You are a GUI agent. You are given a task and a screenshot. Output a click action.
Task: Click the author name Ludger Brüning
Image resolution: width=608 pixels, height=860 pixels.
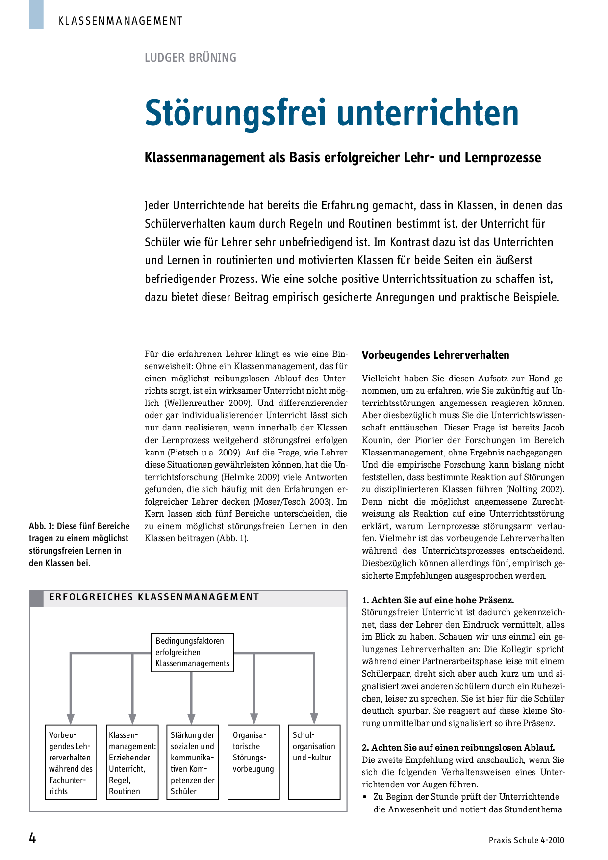(x=190, y=58)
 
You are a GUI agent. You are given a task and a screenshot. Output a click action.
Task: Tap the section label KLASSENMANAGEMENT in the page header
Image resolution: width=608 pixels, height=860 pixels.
(x=120, y=21)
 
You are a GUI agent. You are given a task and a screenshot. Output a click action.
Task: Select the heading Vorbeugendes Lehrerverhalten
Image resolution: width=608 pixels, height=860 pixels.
(x=435, y=355)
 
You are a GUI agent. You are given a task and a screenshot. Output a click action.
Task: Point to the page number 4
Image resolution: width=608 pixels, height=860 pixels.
(x=33, y=839)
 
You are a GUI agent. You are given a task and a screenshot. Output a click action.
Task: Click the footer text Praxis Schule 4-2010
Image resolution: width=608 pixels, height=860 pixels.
(x=526, y=840)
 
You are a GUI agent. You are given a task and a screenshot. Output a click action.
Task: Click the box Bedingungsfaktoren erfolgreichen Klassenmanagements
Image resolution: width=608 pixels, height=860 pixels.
(x=192, y=653)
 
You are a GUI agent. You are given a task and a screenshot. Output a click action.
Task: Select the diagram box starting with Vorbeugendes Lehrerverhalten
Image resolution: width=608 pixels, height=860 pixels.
(x=71, y=762)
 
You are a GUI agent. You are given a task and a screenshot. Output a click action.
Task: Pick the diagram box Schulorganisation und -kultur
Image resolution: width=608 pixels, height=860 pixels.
(x=314, y=762)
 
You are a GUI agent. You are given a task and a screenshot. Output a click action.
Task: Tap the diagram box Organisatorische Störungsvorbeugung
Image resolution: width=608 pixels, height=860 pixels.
(x=253, y=762)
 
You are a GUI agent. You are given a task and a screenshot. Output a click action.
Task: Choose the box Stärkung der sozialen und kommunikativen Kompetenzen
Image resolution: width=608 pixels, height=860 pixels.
(x=192, y=762)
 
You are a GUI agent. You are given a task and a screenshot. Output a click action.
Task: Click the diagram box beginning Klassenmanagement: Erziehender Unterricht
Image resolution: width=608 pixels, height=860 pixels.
(x=132, y=762)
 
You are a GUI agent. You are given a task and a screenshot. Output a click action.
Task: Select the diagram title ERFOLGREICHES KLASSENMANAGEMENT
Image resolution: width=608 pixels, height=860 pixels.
(x=154, y=597)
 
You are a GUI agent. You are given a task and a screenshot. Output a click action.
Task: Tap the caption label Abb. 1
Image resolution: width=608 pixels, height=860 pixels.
(x=41, y=526)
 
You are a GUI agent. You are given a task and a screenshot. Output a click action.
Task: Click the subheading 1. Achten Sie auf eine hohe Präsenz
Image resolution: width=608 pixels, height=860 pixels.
(x=438, y=600)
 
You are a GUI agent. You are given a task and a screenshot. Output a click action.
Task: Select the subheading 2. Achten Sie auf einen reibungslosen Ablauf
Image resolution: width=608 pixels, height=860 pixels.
(x=458, y=748)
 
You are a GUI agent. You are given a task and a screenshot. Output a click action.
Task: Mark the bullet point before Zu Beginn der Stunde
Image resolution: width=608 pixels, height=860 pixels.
(x=365, y=797)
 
